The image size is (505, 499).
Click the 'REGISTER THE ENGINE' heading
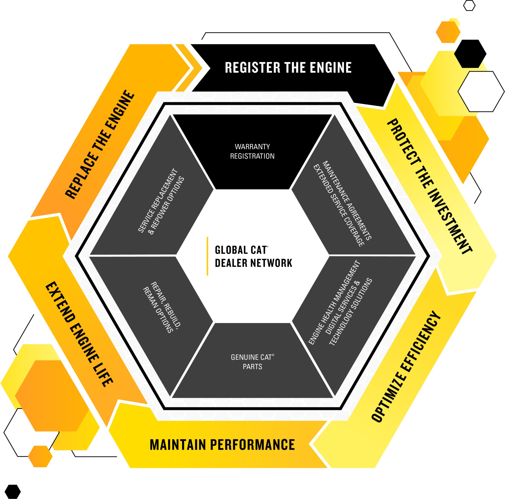pos(288,68)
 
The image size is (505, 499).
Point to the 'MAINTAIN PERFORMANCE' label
pos(222,445)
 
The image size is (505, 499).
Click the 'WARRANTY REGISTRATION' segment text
pos(252,151)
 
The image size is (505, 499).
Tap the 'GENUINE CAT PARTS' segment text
pos(252,362)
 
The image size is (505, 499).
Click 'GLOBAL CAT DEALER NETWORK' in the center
pos(253,256)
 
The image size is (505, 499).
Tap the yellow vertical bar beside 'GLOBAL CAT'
pos(207,256)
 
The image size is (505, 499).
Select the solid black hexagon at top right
pos(470,54)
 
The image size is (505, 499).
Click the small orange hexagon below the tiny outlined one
pos(448,32)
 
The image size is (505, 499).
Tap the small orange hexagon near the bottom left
pos(40,464)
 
